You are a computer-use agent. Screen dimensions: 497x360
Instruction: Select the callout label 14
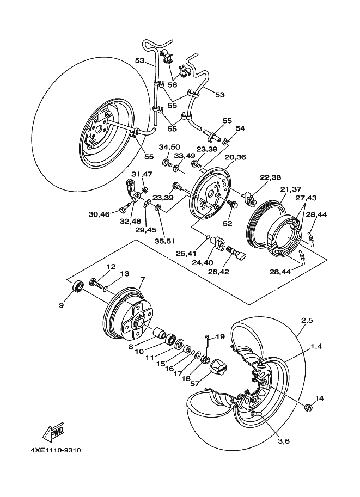(319, 399)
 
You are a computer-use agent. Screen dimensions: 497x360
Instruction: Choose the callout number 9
(61, 305)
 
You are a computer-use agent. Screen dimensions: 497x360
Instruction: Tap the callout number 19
(220, 337)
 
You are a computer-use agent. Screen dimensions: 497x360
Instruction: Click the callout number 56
(172, 85)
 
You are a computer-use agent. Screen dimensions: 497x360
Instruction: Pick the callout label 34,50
(169, 147)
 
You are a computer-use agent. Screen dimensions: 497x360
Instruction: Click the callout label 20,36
(235, 157)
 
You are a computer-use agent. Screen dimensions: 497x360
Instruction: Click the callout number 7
(143, 280)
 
